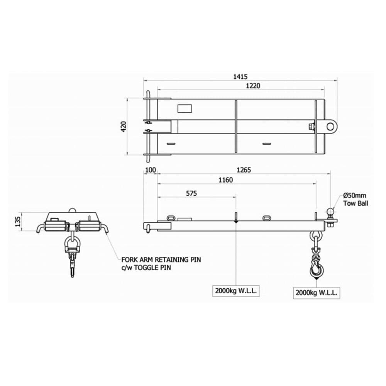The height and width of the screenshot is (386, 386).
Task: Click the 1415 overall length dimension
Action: (x=240, y=77)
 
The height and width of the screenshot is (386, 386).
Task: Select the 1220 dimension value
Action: (x=253, y=86)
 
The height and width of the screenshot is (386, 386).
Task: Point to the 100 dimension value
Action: (x=150, y=170)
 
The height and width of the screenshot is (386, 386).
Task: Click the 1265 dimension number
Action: (x=244, y=170)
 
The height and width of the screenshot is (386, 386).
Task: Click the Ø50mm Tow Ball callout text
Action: (x=356, y=200)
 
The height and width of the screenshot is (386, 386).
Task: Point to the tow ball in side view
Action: (x=331, y=212)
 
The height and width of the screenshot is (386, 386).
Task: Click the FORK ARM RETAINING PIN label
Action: (x=161, y=259)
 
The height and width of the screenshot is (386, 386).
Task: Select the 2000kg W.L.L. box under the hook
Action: (x=316, y=293)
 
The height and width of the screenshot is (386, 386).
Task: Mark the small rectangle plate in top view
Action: (x=185, y=108)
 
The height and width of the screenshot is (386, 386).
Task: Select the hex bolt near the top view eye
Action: (x=311, y=126)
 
